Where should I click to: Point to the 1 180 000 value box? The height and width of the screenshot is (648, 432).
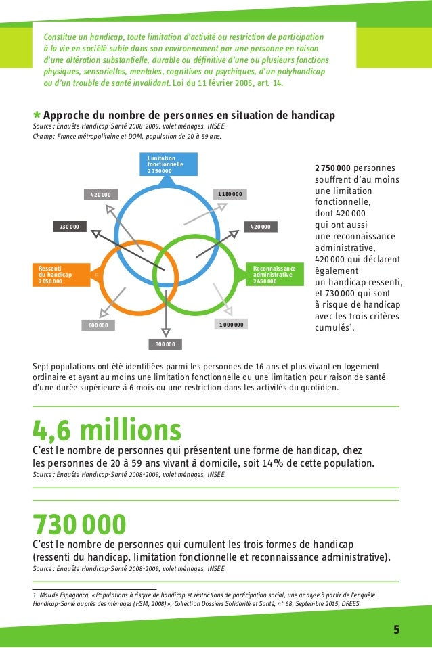tap(230, 195)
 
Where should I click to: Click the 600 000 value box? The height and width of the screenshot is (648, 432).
tap(98, 325)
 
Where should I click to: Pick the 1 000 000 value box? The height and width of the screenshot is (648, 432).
tap(230, 325)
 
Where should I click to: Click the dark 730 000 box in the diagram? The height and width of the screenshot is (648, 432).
tap(70, 226)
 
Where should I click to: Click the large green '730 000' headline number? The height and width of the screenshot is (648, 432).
tap(80, 524)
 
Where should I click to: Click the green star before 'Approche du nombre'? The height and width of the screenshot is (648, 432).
tap(37, 116)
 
